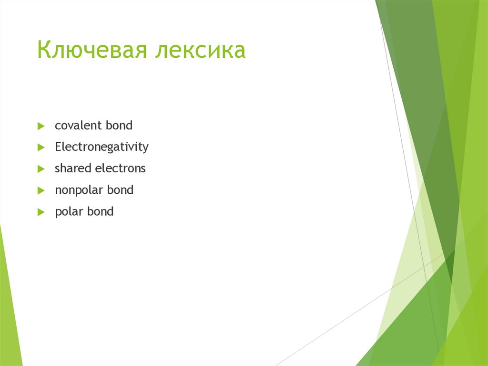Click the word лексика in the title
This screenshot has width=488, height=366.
[x=200, y=51]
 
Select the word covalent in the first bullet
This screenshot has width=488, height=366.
[x=78, y=126]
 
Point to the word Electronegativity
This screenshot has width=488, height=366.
[x=102, y=147]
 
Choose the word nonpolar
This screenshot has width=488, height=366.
[x=79, y=190]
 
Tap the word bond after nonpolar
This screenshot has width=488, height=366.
[x=120, y=190]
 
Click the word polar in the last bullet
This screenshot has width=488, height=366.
[x=69, y=211]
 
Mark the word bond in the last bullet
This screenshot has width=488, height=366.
[x=100, y=211]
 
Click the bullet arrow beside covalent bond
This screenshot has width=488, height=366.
[x=41, y=126]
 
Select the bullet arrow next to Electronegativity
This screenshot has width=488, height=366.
[x=41, y=148]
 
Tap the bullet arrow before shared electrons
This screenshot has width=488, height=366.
[x=41, y=169]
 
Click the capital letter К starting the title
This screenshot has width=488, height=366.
[x=44, y=51]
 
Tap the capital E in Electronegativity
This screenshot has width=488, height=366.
[x=58, y=147]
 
